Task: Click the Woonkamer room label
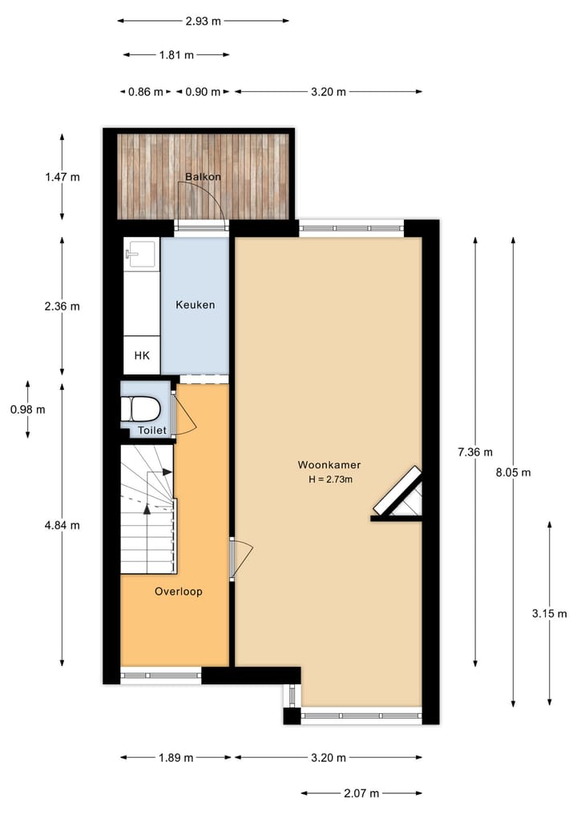click(x=329, y=464)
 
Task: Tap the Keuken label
click(x=195, y=305)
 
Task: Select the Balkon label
click(x=203, y=177)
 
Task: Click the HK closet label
click(x=142, y=356)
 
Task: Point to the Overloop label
click(x=178, y=591)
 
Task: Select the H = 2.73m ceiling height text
click(x=331, y=479)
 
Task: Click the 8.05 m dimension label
click(x=514, y=471)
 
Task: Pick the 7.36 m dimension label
click(x=475, y=451)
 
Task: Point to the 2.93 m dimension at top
click(x=203, y=21)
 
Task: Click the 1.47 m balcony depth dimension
click(x=63, y=177)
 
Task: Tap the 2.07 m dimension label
click(x=361, y=793)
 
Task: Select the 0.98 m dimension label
click(x=28, y=409)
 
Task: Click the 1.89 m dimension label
click(x=176, y=757)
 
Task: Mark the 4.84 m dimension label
click(x=63, y=525)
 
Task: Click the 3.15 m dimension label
click(x=549, y=614)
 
